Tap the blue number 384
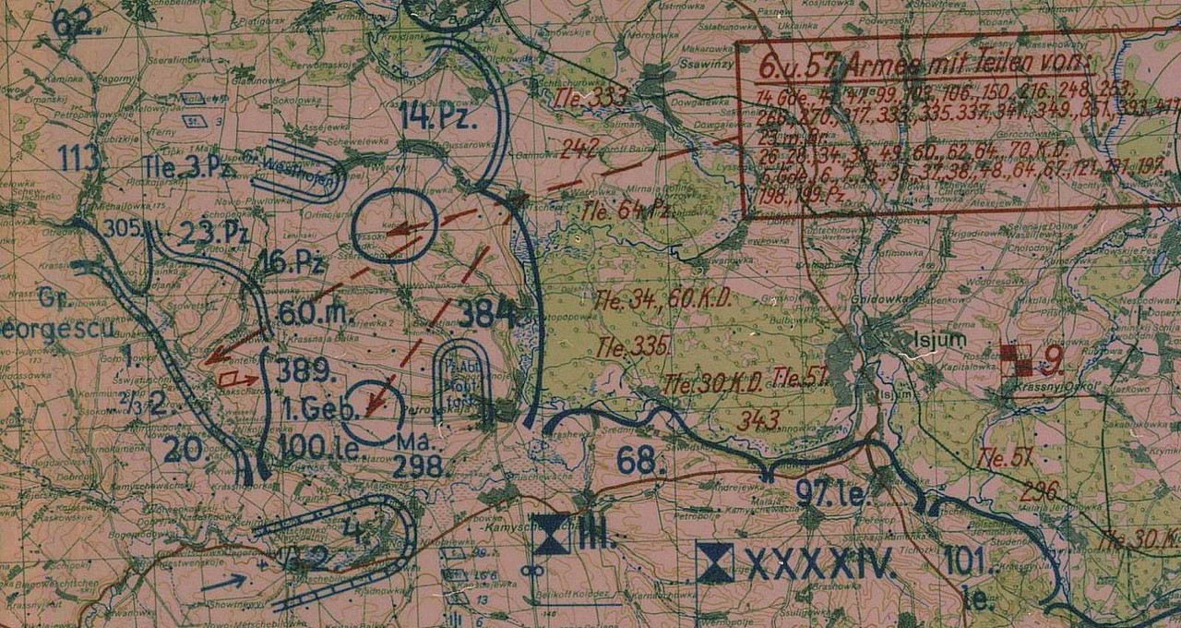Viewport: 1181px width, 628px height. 486,314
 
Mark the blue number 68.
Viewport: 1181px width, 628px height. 639,460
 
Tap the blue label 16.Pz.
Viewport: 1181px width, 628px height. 291,263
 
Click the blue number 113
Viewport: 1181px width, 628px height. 79,159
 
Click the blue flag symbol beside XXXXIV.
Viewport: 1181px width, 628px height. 715,562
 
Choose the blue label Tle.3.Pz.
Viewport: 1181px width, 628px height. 179,166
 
